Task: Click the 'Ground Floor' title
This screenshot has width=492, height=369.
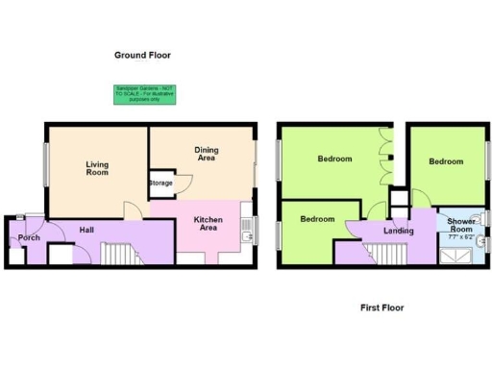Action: coord(144,57)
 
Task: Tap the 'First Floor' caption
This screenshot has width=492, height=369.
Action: coord(381,308)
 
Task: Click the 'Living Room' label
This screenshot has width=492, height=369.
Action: coord(97,169)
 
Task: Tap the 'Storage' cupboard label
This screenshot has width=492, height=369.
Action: coord(160,184)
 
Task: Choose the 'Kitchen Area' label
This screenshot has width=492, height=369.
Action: coord(209,224)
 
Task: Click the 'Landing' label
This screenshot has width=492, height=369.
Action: coord(397,231)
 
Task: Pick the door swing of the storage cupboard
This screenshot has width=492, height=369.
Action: coord(134,208)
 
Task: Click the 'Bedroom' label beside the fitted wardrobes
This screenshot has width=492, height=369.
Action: coord(335,160)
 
